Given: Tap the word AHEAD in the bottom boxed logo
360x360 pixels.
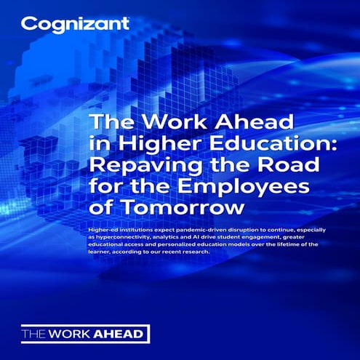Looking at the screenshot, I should coord(121,334).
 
